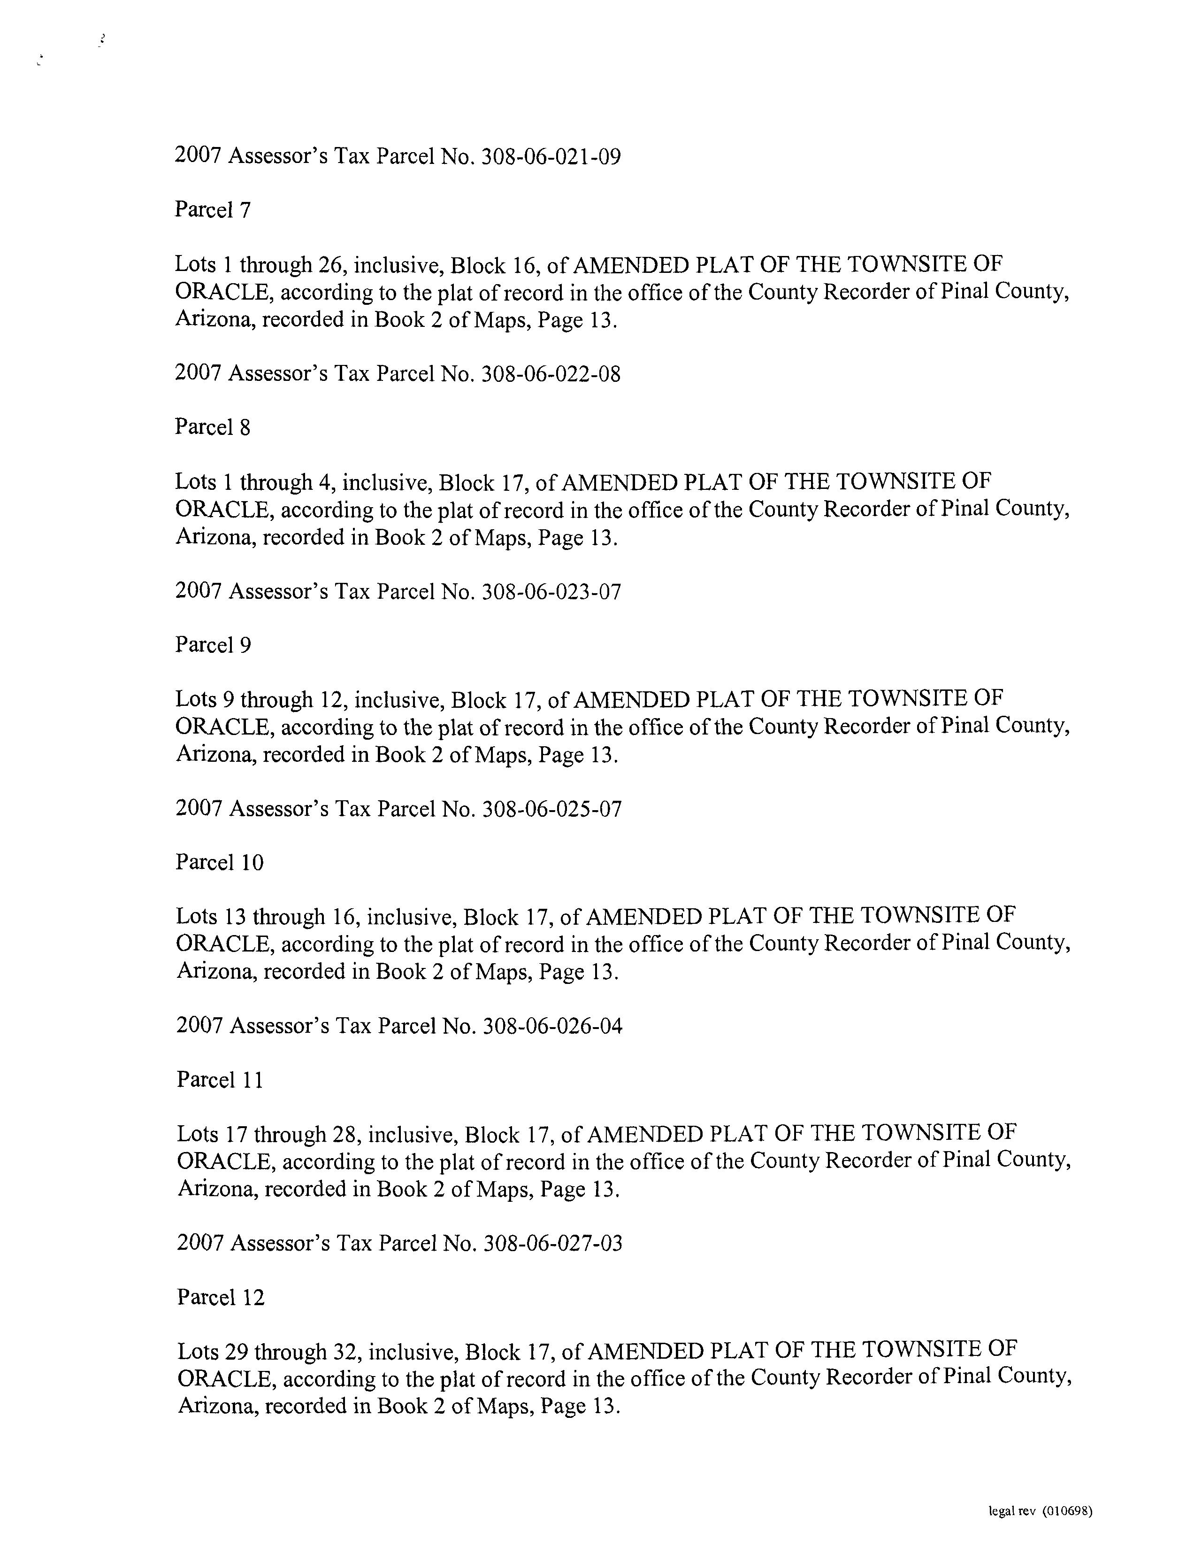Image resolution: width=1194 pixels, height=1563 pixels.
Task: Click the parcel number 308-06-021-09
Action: pos(551,156)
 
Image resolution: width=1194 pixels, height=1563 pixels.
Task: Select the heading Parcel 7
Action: pos(213,210)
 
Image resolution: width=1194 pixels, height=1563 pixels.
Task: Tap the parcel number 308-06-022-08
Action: pos(551,374)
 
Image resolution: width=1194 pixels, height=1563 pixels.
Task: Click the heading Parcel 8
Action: pos(213,427)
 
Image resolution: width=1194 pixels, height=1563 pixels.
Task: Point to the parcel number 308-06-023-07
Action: pos(551,592)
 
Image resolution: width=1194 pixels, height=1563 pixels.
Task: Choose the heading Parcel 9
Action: pos(213,645)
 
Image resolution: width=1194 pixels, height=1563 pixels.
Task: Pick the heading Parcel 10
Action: pos(220,863)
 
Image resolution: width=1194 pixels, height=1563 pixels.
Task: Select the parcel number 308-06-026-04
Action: pos(552,1026)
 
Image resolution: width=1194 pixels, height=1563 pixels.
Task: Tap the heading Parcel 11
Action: pos(220,1080)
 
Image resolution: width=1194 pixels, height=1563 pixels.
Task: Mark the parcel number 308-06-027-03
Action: pos(553,1244)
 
